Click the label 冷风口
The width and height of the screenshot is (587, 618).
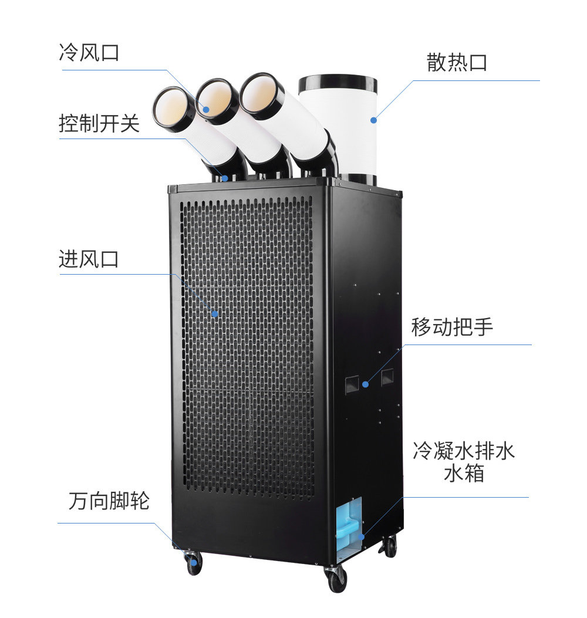pos(89,53)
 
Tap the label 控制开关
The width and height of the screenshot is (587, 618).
pos(99,124)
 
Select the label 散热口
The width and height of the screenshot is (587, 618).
pos(457,63)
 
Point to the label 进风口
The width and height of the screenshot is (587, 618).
pos(89,259)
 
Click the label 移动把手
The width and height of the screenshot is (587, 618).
pos(452,327)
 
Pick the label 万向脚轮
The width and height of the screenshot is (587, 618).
pos(109,501)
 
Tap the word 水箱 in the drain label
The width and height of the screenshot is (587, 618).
pos(464,473)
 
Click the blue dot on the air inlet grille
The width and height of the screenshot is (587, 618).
pos(215,314)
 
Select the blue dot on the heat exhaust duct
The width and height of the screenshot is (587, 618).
pos(373,120)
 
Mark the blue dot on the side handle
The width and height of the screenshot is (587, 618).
pos(365,384)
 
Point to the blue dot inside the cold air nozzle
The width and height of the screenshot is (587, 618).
pos(206,109)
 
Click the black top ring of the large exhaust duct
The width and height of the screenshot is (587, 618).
pos(338,83)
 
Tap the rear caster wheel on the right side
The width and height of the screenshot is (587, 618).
pos(389,547)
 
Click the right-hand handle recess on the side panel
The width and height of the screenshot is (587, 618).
pos(388,377)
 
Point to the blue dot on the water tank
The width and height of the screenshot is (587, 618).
pos(362,536)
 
